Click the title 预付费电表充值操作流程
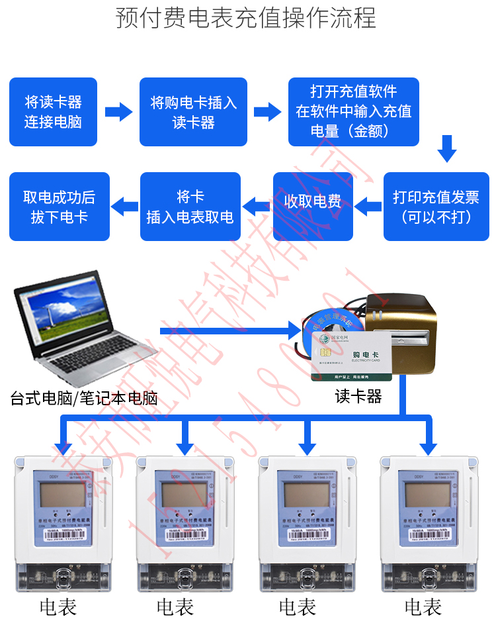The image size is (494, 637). point(246,18)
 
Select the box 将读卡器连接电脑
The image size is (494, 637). point(53,112)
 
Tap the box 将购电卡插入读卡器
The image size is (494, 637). point(193,112)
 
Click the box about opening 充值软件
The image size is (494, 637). point(353,112)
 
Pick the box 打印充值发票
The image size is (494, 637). point(436,207)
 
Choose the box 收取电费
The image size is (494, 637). point(313,202)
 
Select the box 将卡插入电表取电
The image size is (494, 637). point(190,207)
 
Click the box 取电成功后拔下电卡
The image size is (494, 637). point(59,207)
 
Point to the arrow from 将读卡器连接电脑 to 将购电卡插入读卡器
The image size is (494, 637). point(118,111)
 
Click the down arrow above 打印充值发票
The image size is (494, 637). point(447,149)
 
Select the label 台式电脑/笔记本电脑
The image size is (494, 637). point(84,399)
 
